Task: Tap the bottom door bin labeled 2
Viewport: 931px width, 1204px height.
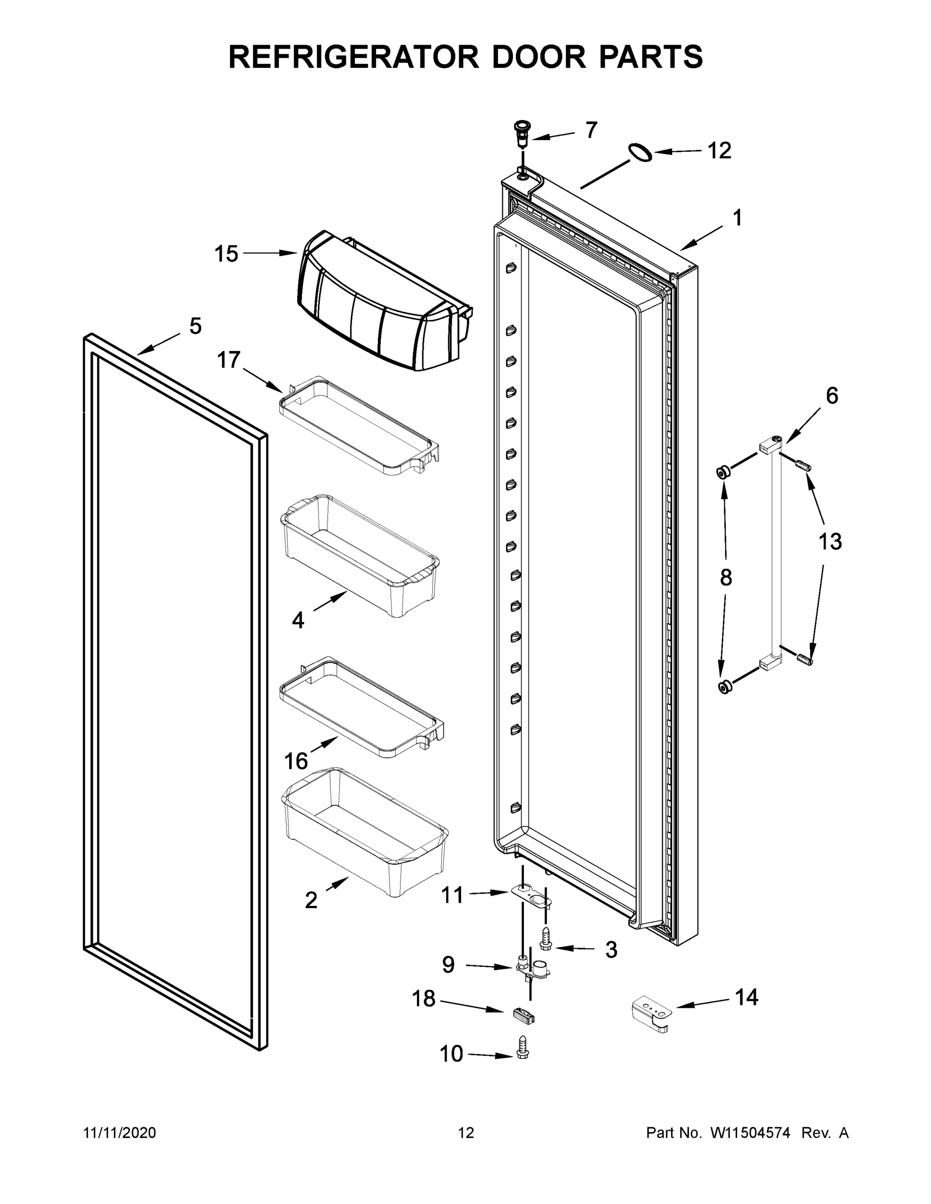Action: pyautogui.click(x=364, y=832)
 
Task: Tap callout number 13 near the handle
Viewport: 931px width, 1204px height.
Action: pyautogui.click(x=830, y=542)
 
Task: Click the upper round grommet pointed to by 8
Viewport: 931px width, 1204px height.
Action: pyautogui.click(x=723, y=472)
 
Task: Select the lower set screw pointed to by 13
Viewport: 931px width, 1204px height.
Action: pyautogui.click(x=805, y=658)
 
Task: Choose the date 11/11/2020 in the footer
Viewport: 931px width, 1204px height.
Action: pyautogui.click(x=119, y=1133)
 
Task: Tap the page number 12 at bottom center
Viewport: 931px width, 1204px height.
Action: pyautogui.click(x=466, y=1133)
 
